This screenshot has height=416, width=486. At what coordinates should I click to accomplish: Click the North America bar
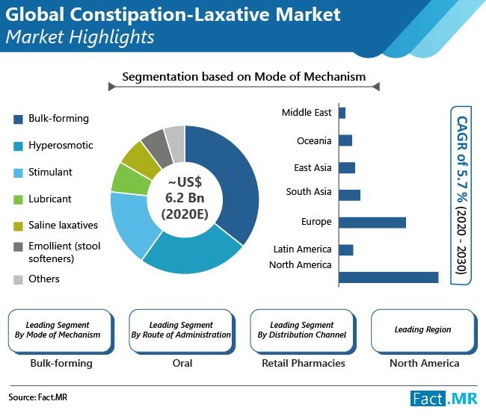click(388, 277)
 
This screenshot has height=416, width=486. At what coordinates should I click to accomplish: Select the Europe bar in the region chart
click(372, 222)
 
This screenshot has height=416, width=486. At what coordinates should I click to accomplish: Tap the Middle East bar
click(342, 113)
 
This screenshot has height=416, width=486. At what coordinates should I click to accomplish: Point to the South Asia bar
click(349, 195)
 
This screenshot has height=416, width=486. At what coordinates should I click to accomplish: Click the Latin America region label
click(303, 249)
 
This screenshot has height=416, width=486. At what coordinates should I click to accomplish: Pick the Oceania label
click(314, 140)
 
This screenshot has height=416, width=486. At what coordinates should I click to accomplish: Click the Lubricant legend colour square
click(18, 199)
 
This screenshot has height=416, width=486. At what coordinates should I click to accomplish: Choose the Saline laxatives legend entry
click(63, 226)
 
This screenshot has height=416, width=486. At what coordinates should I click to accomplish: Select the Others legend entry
click(43, 279)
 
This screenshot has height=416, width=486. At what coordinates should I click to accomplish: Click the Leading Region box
click(422, 329)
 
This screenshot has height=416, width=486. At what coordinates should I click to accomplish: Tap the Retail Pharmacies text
click(304, 363)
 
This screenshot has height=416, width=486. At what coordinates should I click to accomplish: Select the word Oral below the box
click(182, 363)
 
